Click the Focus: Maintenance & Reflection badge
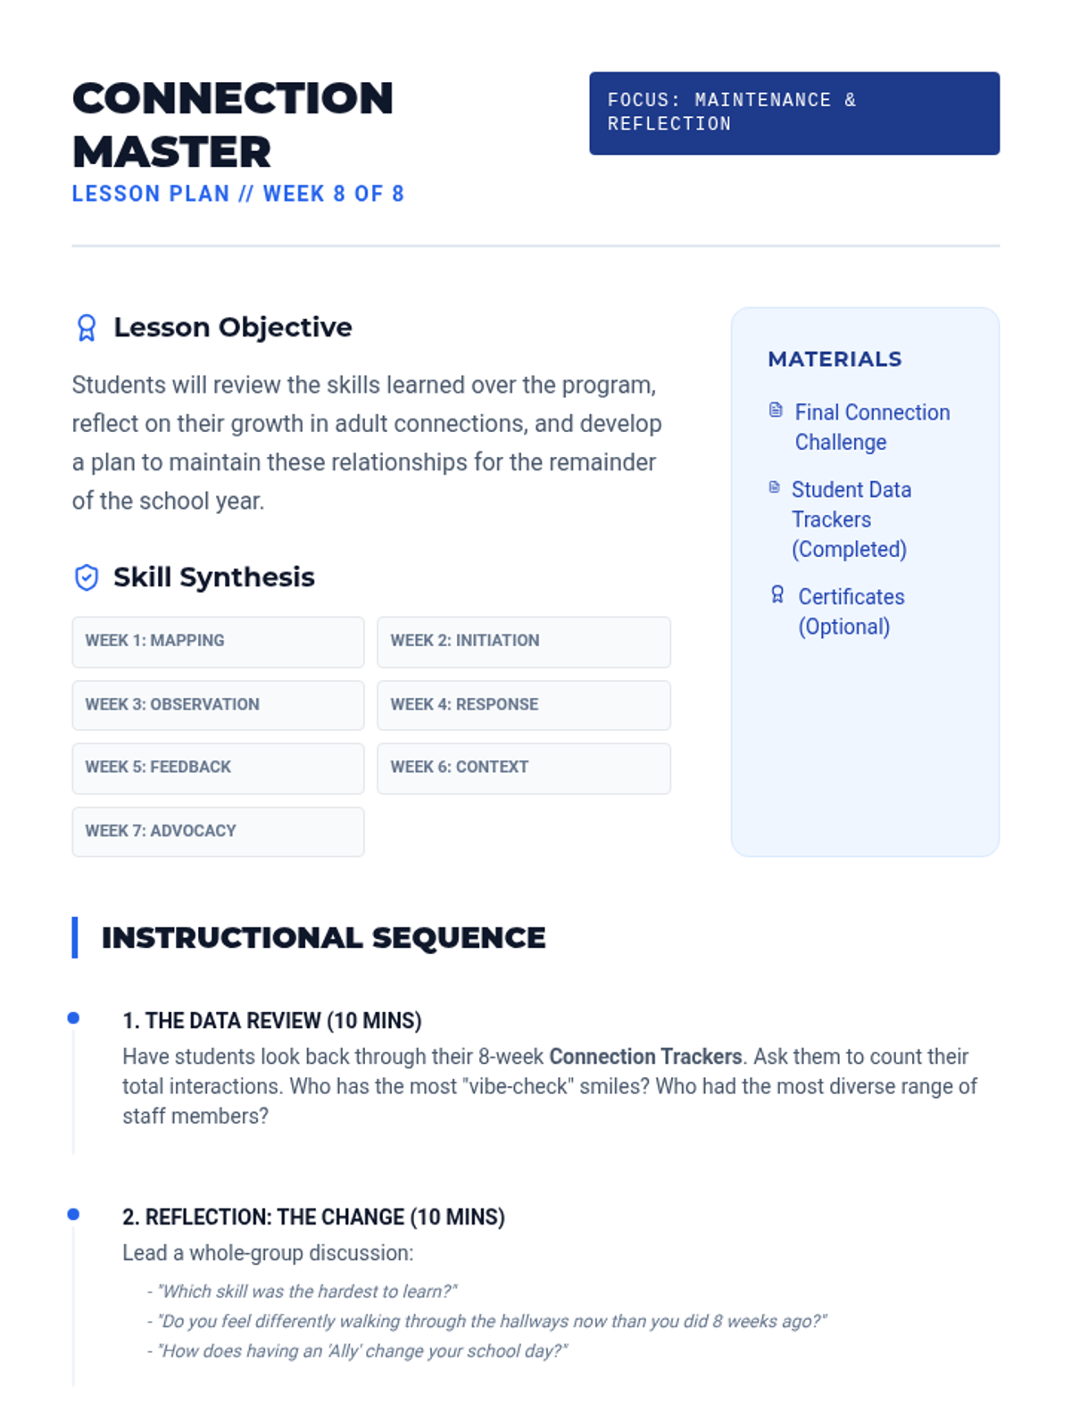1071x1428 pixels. tap(793, 113)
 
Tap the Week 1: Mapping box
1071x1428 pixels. tap(218, 642)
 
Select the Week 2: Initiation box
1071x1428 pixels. tap(523, 642)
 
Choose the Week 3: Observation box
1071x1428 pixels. tap(218, 705)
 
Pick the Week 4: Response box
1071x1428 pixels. tap(523, 705)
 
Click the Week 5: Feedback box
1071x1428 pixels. tap(218, 768)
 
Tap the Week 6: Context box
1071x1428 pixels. tap(523, 768)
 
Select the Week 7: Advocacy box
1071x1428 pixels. tap(218, 831)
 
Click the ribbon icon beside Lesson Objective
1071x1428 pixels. tap(87, 328)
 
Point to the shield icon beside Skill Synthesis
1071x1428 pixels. tap(87, 577)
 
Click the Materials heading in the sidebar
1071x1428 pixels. tap(834, 359)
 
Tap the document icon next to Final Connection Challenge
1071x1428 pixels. tap(776, 411)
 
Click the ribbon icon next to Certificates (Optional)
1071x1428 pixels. tap(777, 595)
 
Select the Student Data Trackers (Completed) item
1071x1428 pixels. tap(851, 519)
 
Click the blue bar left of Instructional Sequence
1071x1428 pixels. tap(75, 937)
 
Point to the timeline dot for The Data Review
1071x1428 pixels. tap(73, 1017)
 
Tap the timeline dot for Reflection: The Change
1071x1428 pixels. tap(73, 1214)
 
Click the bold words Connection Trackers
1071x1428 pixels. tap(645, 1057)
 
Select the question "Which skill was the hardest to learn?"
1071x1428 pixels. tap(307, 1291)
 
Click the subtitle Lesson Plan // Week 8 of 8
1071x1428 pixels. tap(238, 194)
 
